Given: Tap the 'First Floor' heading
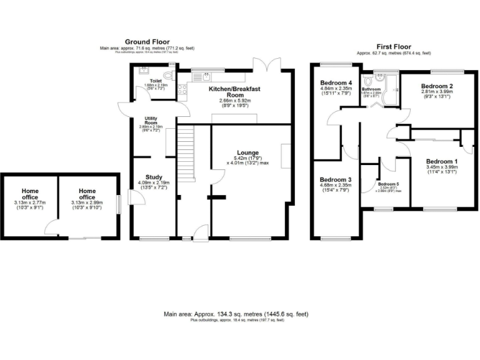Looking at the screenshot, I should point(393,47).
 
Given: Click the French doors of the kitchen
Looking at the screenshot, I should point(267,64).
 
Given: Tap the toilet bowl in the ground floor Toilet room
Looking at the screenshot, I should point(167,76).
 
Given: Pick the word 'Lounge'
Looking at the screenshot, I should point(247,152).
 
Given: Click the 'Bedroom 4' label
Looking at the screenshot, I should point(336,82).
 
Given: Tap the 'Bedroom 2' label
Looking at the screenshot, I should point(436,86).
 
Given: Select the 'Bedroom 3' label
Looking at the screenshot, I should point(336,180).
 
